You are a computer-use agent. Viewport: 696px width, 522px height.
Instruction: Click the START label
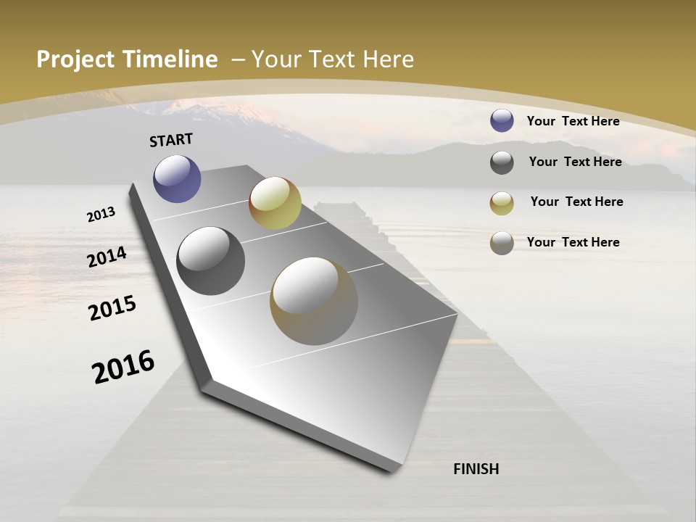click(171, 140)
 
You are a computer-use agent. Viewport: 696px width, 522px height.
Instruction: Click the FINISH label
click(476, 469)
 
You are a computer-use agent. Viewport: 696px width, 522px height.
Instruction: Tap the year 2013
click(101, 214)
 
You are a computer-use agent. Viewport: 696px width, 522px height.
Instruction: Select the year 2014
click(107, 257)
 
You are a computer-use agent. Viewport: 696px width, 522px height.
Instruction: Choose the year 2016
click(123, 366)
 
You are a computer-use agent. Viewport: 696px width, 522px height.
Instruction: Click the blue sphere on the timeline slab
click(177, 178)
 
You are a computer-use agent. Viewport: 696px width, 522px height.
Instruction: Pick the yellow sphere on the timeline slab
click(275, 203)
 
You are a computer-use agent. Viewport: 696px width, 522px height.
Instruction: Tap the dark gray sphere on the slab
click(210, 261)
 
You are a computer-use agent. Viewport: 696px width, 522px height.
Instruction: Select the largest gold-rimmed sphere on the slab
click(314, 300)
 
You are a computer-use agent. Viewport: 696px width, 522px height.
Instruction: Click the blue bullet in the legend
click(502, 121)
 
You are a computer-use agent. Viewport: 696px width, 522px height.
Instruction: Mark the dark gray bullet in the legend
click(502, 162)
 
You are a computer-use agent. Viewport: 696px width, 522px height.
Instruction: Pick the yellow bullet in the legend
click(502, 203)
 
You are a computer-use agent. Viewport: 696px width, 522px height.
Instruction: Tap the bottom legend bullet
click(502, 243)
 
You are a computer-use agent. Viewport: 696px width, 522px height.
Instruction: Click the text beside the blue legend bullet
click(573, 121)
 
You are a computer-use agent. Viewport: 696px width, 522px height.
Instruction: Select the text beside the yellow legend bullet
click(576, 202)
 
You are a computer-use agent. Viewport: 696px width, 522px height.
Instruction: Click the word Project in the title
click(75, 59)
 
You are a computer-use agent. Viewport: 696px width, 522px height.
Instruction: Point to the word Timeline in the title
click(170, 59)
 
